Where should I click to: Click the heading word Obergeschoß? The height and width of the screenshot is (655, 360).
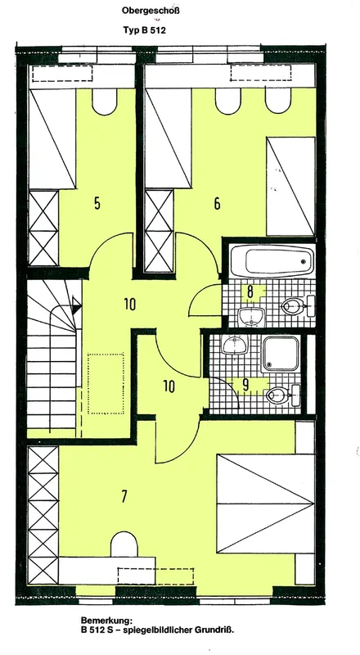151,11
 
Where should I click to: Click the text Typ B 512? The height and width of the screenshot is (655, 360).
145,30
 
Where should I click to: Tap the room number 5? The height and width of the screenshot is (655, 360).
97,204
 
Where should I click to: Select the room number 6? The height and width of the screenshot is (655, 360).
217,204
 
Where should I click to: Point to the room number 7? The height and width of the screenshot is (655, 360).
124,496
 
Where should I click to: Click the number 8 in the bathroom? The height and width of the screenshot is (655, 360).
250,291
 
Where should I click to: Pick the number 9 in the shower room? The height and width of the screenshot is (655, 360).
245,386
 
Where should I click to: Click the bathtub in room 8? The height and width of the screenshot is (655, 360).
272,261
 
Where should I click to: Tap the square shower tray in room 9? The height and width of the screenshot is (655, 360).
281,354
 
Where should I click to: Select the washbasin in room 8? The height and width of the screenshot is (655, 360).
252,317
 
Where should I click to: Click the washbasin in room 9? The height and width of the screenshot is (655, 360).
234,345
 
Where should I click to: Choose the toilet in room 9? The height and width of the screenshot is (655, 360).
283,395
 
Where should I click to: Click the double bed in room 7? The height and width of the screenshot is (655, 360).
266,504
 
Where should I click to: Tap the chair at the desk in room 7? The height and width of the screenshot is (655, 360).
124,544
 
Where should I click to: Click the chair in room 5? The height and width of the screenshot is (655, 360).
105,102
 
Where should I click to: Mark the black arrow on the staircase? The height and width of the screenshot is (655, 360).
76,305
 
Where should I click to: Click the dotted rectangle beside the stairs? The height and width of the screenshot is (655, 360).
106,383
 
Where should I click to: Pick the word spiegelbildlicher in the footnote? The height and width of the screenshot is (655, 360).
164,630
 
